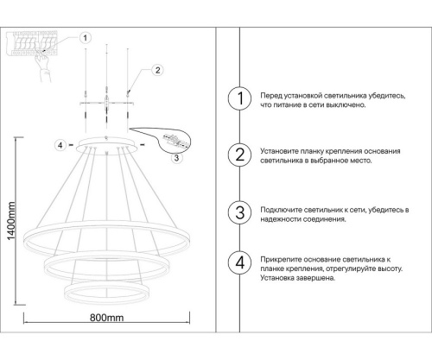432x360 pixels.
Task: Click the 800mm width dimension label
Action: point(107,318)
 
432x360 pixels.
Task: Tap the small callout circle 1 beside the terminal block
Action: point(85,37)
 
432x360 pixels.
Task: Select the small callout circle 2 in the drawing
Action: point(157,71)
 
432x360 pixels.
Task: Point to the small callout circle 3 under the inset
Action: point(176,157)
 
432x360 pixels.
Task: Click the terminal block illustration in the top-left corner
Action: point(35,43)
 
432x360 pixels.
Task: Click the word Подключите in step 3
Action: point(280,210)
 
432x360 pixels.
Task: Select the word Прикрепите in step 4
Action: point(280,259)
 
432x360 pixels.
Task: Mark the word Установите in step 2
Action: point(279,151)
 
